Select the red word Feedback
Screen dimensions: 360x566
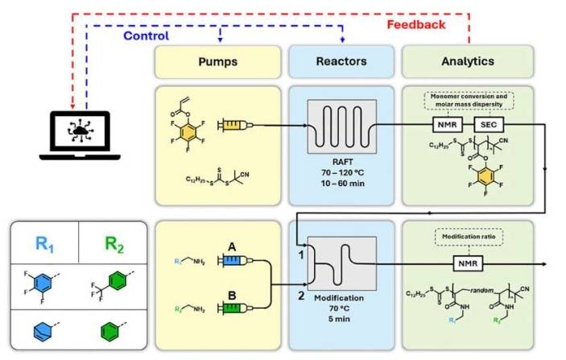[415, 24]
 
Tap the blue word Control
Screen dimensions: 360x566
[146, 36]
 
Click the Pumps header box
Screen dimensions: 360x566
[217, 61]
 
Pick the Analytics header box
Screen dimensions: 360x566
[468, 61]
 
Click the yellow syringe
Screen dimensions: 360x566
[231, 126]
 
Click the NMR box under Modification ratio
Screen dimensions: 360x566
[467, 263]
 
